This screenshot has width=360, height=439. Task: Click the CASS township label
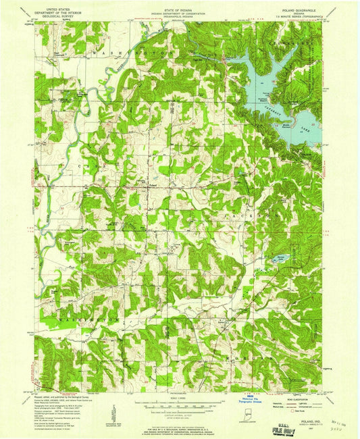[86, 165]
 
